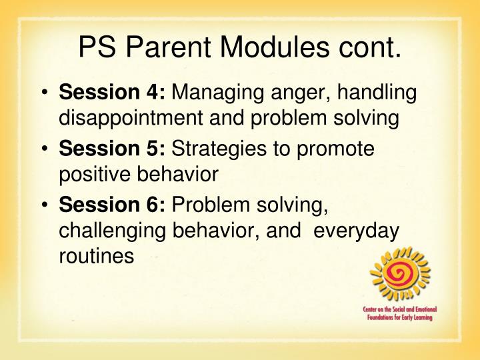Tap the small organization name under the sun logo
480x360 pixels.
(400, 314)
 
